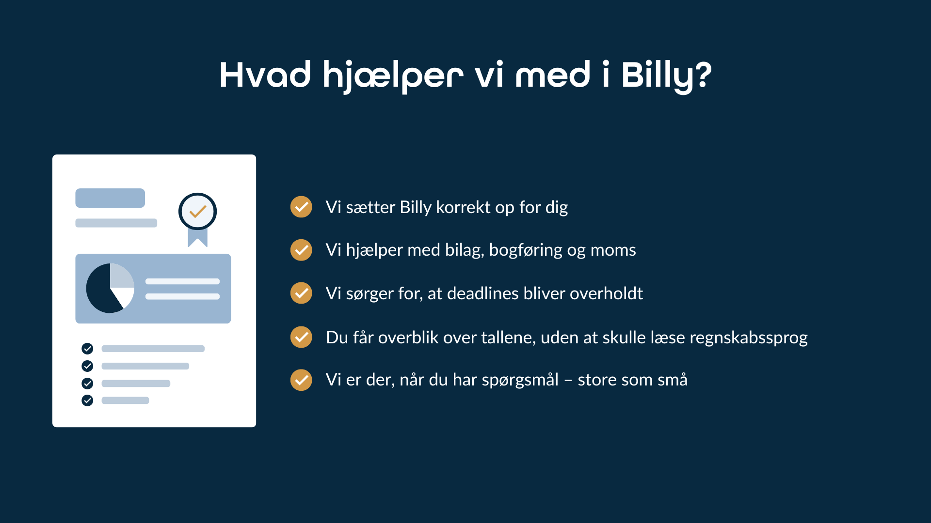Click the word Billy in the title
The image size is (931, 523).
pos(658,77)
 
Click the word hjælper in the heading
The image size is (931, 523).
pos(393,77)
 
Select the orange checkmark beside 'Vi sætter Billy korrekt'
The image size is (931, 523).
pos(301,207)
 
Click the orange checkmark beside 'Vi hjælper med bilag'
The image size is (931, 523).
pos(301,250)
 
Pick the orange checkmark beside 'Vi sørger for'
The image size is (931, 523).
pos(301,293)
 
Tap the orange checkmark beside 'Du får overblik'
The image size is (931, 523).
pos(301,337)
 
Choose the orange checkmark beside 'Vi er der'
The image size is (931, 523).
pos(301,380)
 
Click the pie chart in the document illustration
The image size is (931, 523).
pos(110,288)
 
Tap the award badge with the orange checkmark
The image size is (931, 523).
pos(197,212)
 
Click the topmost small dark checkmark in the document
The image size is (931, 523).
pos(87,348)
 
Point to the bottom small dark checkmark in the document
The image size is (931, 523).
pos(87,400)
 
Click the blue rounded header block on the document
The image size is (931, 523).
pos(110,198)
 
